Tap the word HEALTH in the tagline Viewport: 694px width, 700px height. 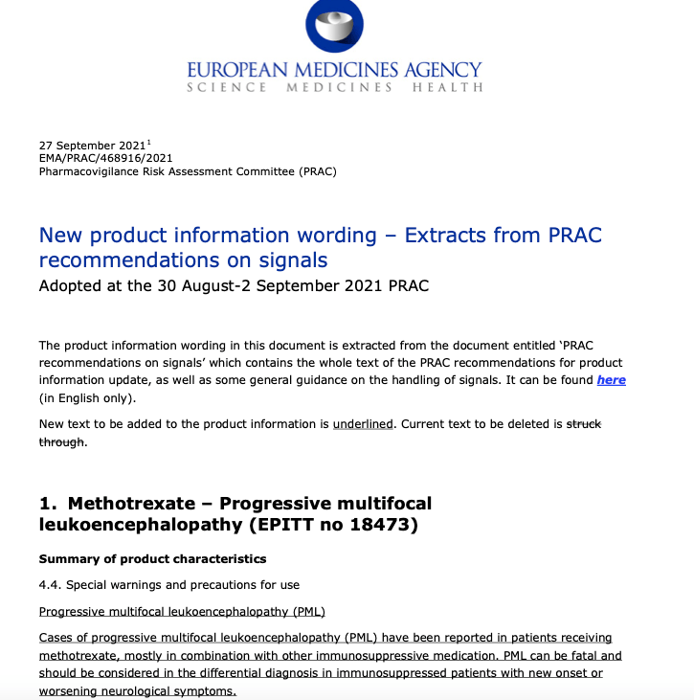447,88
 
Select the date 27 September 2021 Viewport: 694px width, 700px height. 90,146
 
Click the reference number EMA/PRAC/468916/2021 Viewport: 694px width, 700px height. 105,159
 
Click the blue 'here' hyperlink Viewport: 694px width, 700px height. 611,380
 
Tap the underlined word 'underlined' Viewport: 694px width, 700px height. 363,422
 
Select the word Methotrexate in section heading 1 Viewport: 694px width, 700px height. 137,504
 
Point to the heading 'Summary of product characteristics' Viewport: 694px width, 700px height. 152,558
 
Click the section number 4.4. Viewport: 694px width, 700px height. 50,584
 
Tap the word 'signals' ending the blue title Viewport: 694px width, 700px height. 292,260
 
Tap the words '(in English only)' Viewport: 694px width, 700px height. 87,398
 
